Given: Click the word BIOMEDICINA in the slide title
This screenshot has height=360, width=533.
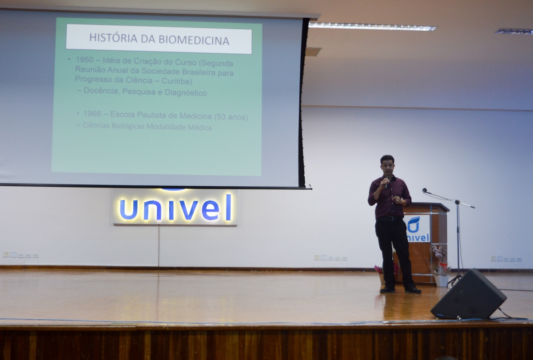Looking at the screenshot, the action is [x=194, y=40].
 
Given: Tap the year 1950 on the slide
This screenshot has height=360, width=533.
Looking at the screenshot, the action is [x=84, y=60].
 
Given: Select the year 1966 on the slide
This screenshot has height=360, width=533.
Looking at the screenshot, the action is [x=92, y=114].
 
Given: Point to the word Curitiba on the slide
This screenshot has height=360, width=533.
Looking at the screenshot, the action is [x=177, y=81].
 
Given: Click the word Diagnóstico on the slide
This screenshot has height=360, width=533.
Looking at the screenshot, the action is [x=186, y=92].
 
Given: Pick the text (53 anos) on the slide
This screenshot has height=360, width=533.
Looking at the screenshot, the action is [x=231, y=117].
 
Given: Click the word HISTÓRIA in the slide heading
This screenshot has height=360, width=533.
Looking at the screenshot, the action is [x=113, y=38].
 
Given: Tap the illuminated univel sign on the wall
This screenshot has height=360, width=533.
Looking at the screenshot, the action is [x=175, y=208].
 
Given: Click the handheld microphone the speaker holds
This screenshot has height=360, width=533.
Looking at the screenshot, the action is [x=387, y=181].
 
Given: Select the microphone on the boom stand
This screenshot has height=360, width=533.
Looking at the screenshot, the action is [x=425, y=190].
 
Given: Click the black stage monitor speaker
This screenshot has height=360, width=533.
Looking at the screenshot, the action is [x=468, y=295].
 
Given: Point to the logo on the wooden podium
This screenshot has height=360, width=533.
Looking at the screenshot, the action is [x=418, y=228].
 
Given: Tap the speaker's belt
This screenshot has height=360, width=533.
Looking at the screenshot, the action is [x=389, y=218].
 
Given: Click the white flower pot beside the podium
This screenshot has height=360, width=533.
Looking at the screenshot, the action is [x=442, y=281].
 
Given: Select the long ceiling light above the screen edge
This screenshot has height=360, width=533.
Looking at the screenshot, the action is [x=372, y=26].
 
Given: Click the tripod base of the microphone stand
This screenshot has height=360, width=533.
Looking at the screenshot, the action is [x=454, y=281].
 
